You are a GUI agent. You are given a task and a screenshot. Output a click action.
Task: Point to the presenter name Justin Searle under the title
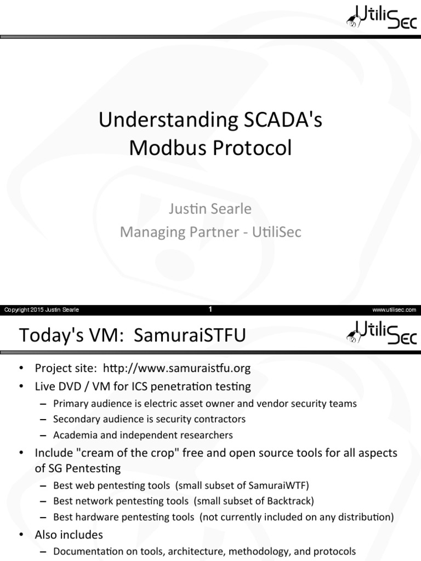(210, 209)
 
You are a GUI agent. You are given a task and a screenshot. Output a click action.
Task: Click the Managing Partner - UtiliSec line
(210, 232)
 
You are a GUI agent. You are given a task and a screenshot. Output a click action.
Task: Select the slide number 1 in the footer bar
(210, 310)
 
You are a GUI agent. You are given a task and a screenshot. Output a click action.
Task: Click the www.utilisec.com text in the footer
(394, 310)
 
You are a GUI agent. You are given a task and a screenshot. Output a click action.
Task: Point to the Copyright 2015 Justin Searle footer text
(42, 310)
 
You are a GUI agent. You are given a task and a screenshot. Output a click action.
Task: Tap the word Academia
(74, 435)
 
